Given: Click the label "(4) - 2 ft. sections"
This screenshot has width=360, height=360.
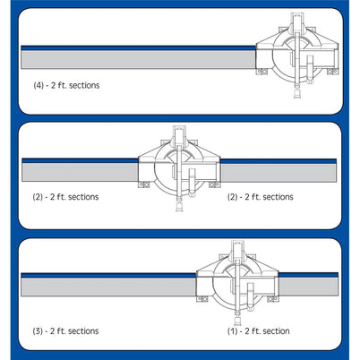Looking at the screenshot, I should [64, 85].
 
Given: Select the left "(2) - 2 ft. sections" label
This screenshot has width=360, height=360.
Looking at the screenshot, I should [62, 196].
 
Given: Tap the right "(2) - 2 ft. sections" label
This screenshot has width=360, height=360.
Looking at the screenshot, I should [261, 196].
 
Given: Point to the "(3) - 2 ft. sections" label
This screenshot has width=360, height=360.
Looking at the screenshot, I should [62, 330].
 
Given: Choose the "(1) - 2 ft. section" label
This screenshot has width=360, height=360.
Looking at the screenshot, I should [261, 330].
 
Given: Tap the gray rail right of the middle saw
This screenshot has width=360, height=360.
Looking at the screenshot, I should [278, 170].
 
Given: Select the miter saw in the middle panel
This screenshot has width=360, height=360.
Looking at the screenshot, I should [178, 166].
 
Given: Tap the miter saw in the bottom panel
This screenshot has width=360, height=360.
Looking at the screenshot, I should [237, 281].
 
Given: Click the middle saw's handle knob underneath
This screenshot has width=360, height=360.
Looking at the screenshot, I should [178, 207].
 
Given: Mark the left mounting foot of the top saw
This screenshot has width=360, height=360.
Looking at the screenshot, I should [261, 72].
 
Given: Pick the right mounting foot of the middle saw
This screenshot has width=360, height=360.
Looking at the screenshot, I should [215, 184].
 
